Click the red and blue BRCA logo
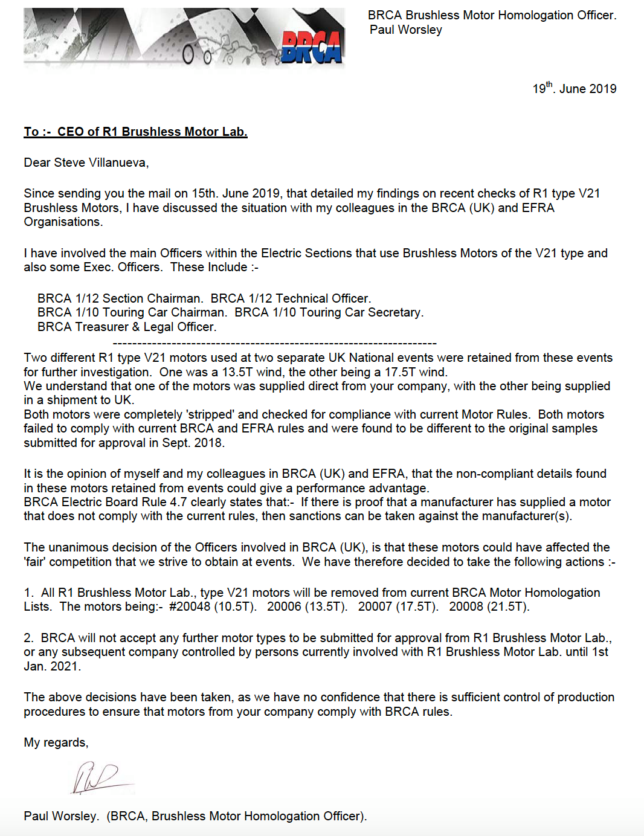pyautogui.click(x=312, y=47)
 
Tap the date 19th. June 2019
pyautogui.click(x=574, y=88)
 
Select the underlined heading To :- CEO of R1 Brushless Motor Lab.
pyautogui.click(x=135, y=132)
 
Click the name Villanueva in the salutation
pyautogui.click(x=117, y=162)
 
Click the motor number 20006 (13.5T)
pyautogui.click(x=307, y=606)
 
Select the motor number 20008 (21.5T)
pyautogui.click(x=489, y=606)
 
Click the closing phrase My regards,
pyautogui.click(x=56, y=742)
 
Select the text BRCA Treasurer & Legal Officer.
pyautogui.click(x=127, y=327)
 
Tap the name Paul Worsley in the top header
pyautogui.click(x=406, y=30)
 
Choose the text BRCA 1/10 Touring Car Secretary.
pyautogui.click(x=329, y=312)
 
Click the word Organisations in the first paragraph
pyautogui.click(x=63, y=222)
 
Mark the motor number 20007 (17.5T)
pyautogui.click(x=398, y=606)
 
